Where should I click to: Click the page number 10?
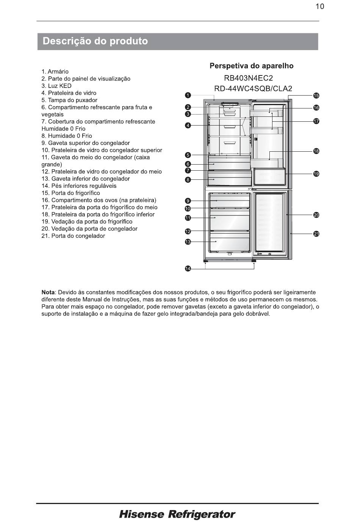point(319,6)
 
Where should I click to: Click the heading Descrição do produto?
point(95,41)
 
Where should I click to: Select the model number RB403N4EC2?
point(248,78)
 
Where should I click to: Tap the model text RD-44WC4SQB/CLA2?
point(253,89)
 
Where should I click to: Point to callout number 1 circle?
point(188,95)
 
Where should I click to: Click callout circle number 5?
point(188,155)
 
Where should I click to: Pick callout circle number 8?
point(188,179)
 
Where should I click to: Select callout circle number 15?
point(316,96)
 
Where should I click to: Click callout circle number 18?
point(316,151)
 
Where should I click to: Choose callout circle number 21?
point(316,234)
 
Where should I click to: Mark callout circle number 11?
point(188,218)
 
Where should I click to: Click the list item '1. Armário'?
point(55,72)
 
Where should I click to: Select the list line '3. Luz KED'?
point(56,86)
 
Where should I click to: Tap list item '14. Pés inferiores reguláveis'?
point(79,186)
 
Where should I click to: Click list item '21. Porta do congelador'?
point(73,236)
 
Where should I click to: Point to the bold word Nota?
point(48,292)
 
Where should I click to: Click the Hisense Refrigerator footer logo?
point(177,514)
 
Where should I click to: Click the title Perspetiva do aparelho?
point(252,66)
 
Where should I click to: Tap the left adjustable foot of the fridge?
point(206,261)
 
